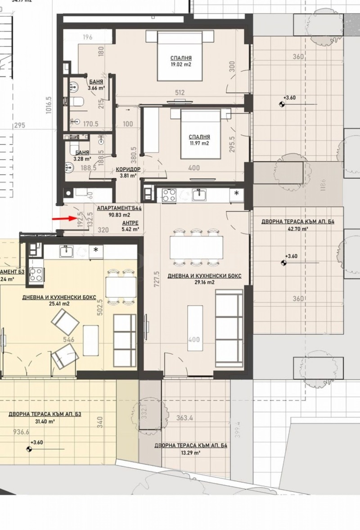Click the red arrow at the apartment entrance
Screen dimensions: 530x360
pyautogui.click(x=64, y=219)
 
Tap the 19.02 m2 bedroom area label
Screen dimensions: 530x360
pyautogui.click(x=181, y=64)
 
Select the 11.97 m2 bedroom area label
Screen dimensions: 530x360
pyautogui.click(x=199, y=143)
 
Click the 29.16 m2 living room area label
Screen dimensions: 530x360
pyautogui.click(x=204, y=283)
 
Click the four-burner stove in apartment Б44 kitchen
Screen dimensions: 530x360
pyautogui.click(x=168, y=194)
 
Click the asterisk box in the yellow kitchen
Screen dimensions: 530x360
pyautogui.click(x=95, y=250)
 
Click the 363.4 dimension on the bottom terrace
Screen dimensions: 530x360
pyautogui.click(x=184, y=418)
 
